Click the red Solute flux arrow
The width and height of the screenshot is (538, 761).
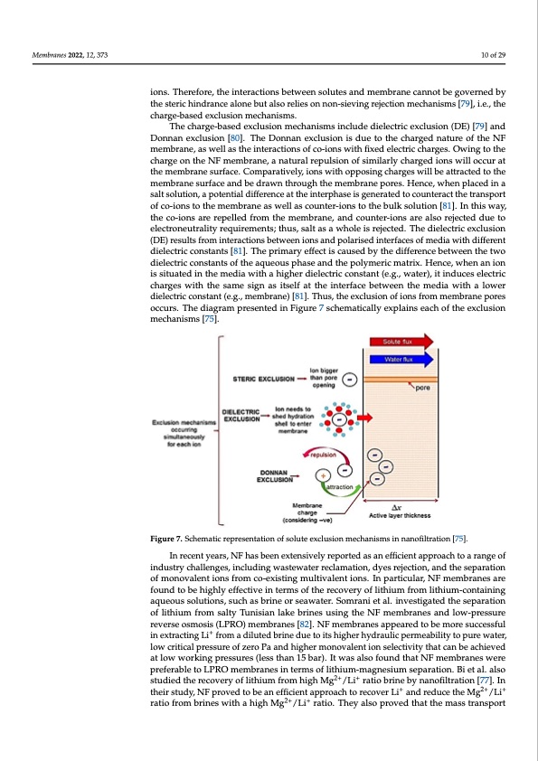pyautogui.click(x=402, y=342)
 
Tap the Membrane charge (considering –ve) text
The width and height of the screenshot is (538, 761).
pyautogui.click(x=307, y=514)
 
